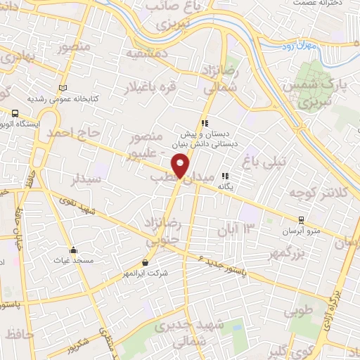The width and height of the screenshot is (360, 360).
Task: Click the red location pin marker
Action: tap(181, 166)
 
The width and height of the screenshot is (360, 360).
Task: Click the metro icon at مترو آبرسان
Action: tap(302, 220)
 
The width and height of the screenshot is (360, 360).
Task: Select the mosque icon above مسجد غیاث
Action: tap(73, 250)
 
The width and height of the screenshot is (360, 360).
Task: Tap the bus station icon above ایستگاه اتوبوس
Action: tap(15, 112)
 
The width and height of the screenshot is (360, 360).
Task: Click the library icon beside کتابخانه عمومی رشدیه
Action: tap(64, 88)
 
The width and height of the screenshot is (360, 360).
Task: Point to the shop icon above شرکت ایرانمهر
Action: tap(146, 262)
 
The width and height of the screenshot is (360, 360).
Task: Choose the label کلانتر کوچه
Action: tap(316, 193)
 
